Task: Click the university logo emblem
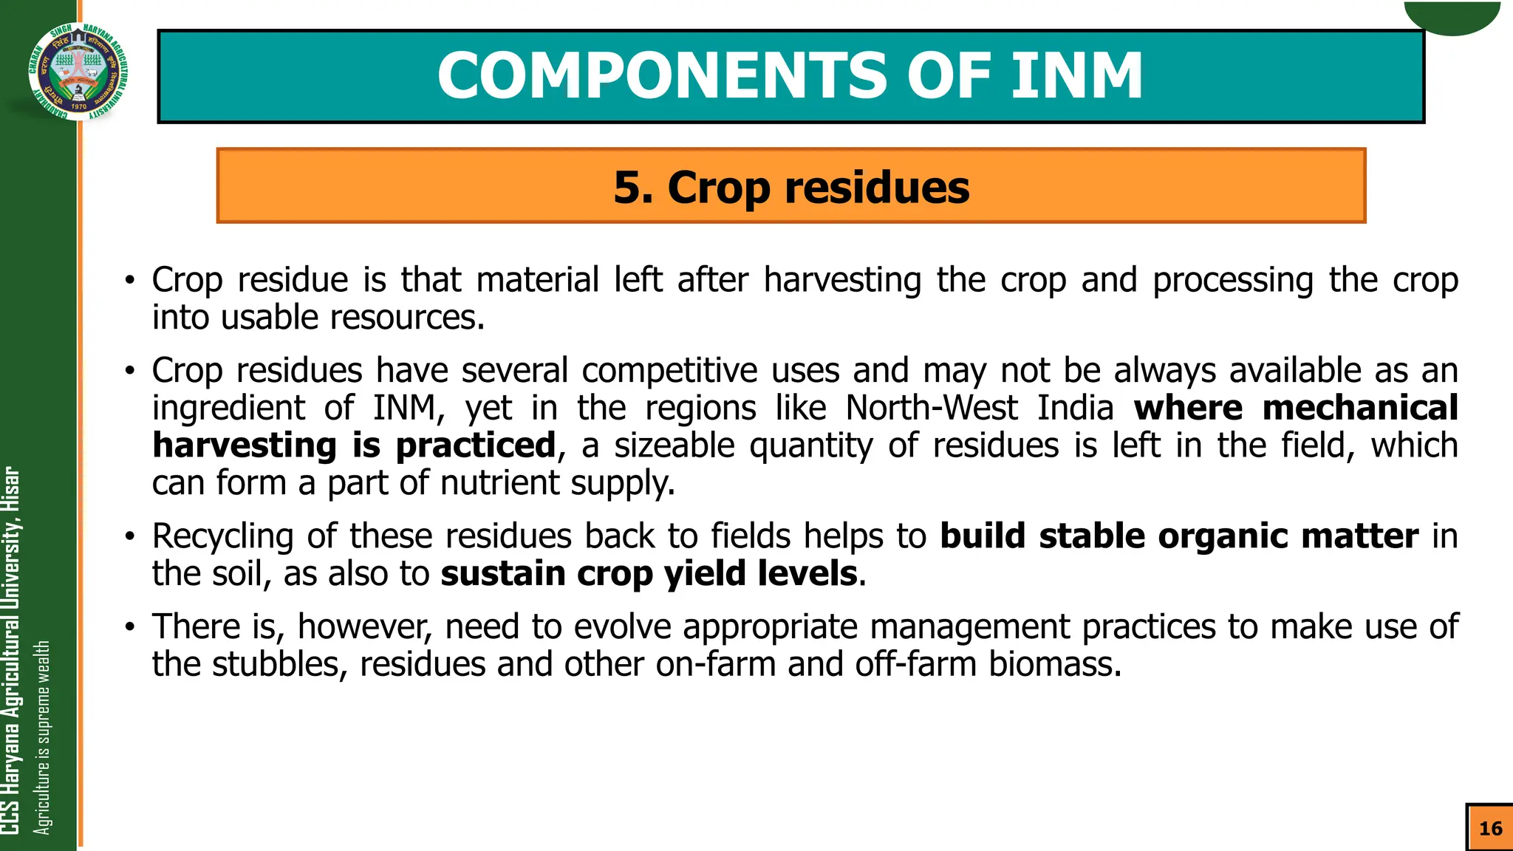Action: [78, 71]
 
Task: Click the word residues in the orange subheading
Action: [877, 187]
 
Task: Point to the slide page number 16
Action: [1490, 828]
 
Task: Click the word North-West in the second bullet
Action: [932, 408]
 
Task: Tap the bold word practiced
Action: [475, 445]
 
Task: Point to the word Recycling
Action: [222, 536]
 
